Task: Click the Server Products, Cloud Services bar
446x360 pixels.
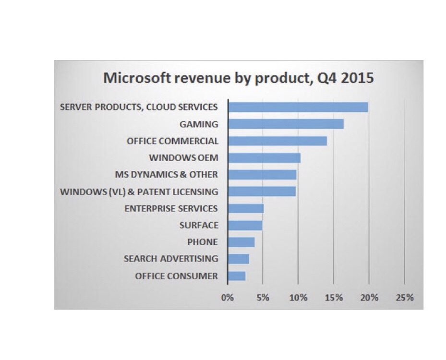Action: (x=298, y=107)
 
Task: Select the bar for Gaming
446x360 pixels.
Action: (x=286, y=124)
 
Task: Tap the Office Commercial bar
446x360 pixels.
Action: (x=277, y=141)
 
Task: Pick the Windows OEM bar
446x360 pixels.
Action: (x=265, y=157)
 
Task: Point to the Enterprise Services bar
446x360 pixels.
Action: (x=246, y=208)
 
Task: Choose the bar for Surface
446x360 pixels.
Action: (x=245, y=225)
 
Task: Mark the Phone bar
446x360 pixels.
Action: (x=241, y=242)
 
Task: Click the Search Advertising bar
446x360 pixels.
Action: (x=239, y=259)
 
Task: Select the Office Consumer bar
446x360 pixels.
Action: (x=237, y=276)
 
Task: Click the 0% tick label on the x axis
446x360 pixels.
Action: (x=227, y=298)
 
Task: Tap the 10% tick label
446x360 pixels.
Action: (x=298, y=298)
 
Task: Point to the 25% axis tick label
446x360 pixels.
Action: (x=404, y=298)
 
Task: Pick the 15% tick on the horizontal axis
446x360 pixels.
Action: (x=334, y=298)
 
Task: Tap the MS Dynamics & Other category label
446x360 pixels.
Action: (x=167, y=174)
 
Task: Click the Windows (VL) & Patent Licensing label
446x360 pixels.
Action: (x=139, y=192)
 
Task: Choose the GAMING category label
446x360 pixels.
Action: (x=199, y=124)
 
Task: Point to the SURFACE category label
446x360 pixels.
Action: (x=199, y=225)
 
